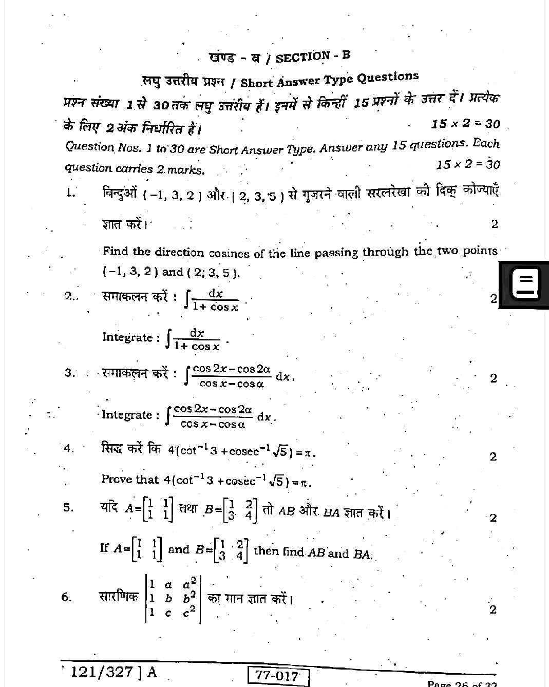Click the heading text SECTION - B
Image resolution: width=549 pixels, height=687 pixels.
click(x=313, y=56)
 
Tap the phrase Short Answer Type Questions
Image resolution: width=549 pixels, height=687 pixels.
click(x=329, y=79)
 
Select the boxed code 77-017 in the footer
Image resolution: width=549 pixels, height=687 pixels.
click(x=278, y=676)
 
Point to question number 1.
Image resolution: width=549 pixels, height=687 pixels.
click(x=70, y=193)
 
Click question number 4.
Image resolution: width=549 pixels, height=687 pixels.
click(x=69, y=448)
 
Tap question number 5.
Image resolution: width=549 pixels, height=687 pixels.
click(x=68, y=508)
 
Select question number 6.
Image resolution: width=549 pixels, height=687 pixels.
click(x=66, y=597)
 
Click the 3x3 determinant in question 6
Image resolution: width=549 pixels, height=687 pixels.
click(x=173, y=598)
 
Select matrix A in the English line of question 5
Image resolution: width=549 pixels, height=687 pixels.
click(x=147, y=548)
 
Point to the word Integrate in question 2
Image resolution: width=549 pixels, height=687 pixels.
click(x=127, y=337)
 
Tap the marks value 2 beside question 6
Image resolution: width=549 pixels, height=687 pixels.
click(x=493, y=609)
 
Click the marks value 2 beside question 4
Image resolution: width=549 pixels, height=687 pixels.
click(x=493, y=456)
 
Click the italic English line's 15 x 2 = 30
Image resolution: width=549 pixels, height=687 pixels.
click(x=467, y=164)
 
